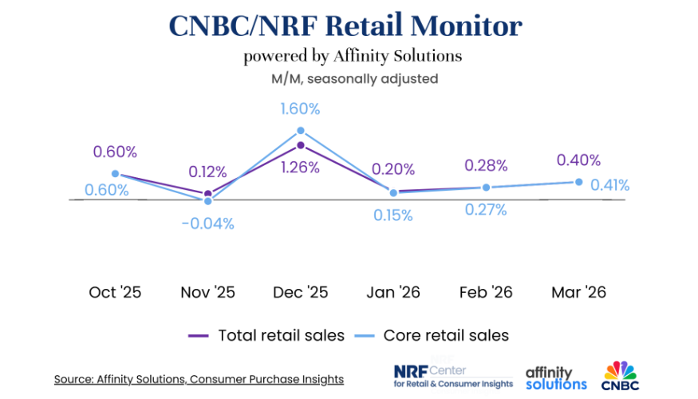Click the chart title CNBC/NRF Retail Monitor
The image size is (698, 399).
[345, 26]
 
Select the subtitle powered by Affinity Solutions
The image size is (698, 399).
[353, 57]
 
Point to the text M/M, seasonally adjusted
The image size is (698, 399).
[353, 79]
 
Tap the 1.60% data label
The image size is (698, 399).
[300, 109]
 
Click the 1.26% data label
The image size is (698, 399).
[300, 168]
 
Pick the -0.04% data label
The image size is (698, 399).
[207, 223]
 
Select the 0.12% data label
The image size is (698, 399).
[207, 172]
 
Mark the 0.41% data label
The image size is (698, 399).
[609, 185]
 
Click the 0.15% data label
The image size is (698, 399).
[392, 215]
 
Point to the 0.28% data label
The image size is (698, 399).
[486, 165]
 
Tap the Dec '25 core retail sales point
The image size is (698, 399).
[301, 131]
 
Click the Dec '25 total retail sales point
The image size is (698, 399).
[301, 146]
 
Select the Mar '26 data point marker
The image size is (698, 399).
[579, 182]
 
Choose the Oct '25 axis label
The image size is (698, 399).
[115, 292]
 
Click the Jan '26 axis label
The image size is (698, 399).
[392, 292]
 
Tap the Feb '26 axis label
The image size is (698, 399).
[486, 292]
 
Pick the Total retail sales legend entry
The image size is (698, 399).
[266, 335]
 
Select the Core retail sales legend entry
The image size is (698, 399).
[432, 335]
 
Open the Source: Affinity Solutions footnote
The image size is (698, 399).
[199, 379]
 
